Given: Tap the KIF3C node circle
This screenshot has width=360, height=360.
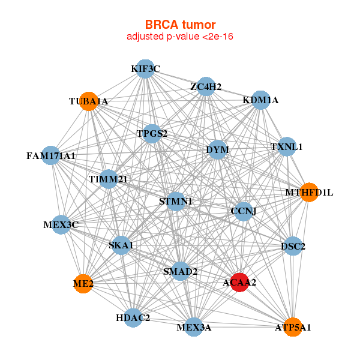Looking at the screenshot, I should (x=145, y=69).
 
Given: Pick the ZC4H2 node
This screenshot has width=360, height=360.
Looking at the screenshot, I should (x=206, y=86).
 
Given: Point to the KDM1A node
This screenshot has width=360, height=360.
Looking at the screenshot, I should (x=260, y=100).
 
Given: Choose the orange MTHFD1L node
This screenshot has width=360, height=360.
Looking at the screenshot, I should (x=309, y=193).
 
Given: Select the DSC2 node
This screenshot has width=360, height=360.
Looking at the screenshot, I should (x=293, y=246).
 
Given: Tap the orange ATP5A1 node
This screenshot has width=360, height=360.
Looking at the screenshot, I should (x=293, y=327).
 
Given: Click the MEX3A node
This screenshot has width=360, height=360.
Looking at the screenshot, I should (x=193, y=327).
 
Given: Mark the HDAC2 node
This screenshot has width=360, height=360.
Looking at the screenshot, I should (x=133, y=317).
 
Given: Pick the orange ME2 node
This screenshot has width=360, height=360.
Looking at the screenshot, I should (x=83, y=283).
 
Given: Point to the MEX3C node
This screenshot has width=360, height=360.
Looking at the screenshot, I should (x=61, y=225).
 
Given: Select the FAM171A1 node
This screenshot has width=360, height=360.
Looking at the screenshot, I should (x=51, y=156).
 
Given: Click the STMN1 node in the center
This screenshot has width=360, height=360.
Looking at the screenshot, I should (x=175, y=202).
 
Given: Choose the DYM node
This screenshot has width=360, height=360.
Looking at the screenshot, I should (x=217, y=149).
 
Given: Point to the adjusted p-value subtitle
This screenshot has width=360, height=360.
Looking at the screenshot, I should (x=180, y=37).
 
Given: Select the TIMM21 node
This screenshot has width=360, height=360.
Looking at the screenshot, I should (x=108, y=179).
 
